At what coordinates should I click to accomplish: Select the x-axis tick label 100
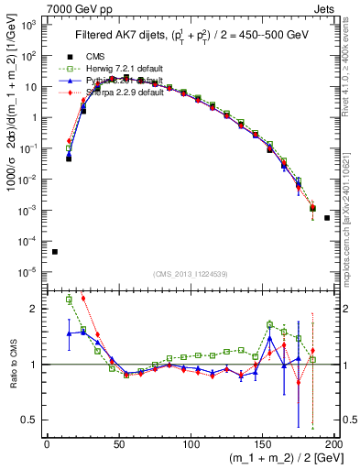click(x=191, y=444)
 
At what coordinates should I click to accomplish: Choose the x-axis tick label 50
click(x=119, y=444)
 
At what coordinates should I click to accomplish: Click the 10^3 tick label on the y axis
click(x=28, y=25)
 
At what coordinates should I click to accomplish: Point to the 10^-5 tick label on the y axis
click(x=28, y=271)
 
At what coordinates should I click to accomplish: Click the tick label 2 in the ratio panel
click(x=35, y=309)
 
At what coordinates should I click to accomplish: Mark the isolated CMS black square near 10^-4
click(x=55, y=252)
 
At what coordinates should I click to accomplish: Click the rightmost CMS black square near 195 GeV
click(x=327, y=218)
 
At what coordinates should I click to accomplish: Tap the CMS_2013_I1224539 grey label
click(x=191, y=274)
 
